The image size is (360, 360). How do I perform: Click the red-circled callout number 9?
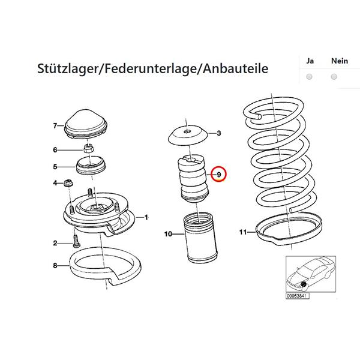pyautogui.click(x=219, y=175)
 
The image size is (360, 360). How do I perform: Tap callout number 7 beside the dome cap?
pyautogui.click(x=55, y=126)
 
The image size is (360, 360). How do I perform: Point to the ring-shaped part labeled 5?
pyautogui.click(x=91, y=166)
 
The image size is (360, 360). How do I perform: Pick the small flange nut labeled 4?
pyautogui.click(x=68, y=182)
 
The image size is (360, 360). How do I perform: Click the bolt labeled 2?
pyautogui.click(x=76, y=242)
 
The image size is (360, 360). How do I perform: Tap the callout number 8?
pyautogui.click(x=55, y=265)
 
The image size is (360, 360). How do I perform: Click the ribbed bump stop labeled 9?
pyautogui.click(x=193, y=179)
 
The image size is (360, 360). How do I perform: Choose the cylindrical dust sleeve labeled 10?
pyautogui.click(x=200, y=238)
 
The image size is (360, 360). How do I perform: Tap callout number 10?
pyautogui.click(x=168, y=234)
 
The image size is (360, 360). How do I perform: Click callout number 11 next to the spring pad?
pyautogui.click(x=243, y=232)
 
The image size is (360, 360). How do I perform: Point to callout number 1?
pyautogui.click(x=146, y=217)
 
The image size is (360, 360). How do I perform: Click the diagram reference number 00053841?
pyautogui.click(x=298, y=296)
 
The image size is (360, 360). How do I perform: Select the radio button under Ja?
pyautogui.click(x=309, y=77)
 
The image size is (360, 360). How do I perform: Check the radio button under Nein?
pyautogui.click(x=334, y=77)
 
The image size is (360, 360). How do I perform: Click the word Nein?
pyautogui.click(x=340, y=61)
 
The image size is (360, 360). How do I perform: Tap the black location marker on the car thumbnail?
pyautogui.click(x=304, y=284)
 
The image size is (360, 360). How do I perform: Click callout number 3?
pyautogui.click(x=219, y=133)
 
